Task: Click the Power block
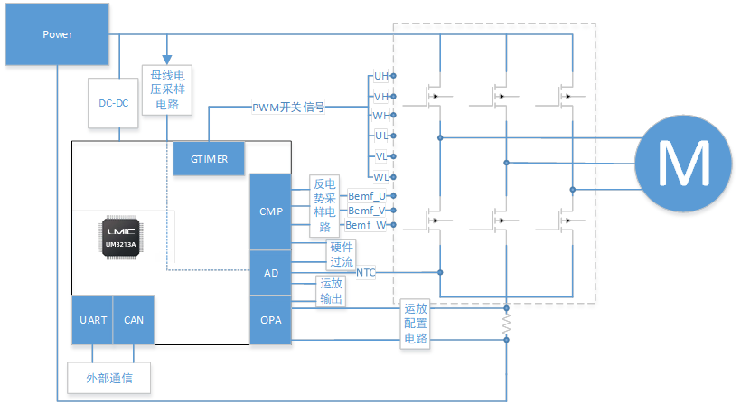(59, 35)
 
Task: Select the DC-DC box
(114, 104)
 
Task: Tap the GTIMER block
(210, 159)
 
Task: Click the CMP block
(271, 212)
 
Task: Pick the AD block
(271, 272)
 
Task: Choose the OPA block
(271, 319)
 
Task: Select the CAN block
(134, 319)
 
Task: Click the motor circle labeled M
(683, 164)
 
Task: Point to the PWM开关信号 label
(289, 108)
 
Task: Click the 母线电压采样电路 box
(167, 89)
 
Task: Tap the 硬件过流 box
(340, 254)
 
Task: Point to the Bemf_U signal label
(367, 195)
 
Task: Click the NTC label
(365, 272)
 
